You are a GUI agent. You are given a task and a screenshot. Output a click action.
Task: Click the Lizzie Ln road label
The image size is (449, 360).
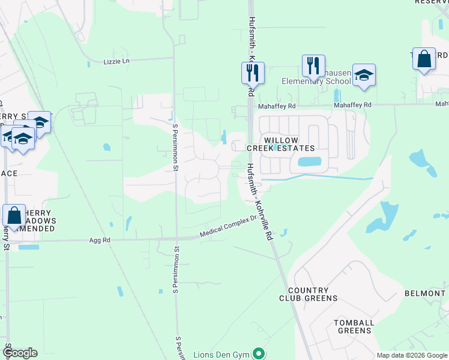(x=116, y=61)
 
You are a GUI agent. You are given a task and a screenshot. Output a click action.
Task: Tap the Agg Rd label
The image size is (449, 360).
(x=100, y=240)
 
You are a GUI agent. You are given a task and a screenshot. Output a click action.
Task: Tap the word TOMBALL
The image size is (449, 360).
(x=354, y=323)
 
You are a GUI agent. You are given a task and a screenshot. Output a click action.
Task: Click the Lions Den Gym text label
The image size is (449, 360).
(x=221, y=354)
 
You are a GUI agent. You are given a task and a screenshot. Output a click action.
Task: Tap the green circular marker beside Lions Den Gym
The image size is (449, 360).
(x=258, y=353)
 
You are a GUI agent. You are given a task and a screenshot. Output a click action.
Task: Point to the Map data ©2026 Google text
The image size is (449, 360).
(x=412, y=355)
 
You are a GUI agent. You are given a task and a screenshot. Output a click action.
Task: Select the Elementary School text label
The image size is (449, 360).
(x=317, y=82)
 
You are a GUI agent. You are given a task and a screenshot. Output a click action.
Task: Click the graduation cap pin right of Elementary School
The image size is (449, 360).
(x=364, y=76)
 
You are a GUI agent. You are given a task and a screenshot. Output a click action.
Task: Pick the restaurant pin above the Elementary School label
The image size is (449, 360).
(x=313, y=66)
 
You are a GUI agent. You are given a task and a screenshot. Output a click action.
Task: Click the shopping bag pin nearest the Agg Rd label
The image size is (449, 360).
(x=14, y=216)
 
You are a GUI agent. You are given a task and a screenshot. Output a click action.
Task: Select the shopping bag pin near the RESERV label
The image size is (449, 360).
(x=424, y=59)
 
